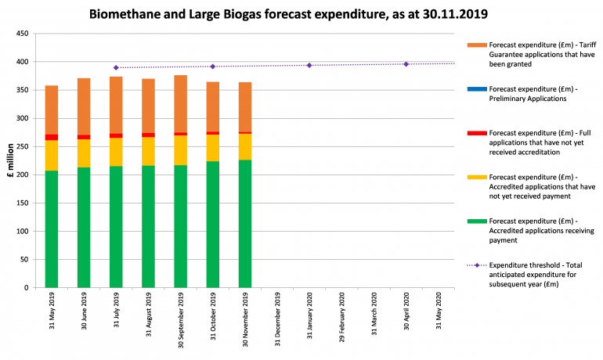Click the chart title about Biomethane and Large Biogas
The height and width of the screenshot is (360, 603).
[x=301, y=14]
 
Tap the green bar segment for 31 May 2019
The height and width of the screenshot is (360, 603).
[x=52, y=229]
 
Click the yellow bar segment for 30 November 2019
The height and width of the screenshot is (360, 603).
[x=244, y=146]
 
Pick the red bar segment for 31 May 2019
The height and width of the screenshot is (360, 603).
[x=52, y=138]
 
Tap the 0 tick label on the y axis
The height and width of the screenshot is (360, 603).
[x=27, y=287]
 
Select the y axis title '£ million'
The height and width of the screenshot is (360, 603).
[x=9, y=160]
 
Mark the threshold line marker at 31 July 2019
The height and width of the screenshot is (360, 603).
[x=116, y=68]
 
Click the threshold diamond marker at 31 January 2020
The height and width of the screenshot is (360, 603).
[x=309, y=65]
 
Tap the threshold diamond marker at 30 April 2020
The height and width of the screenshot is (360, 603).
[x=406, y=64]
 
